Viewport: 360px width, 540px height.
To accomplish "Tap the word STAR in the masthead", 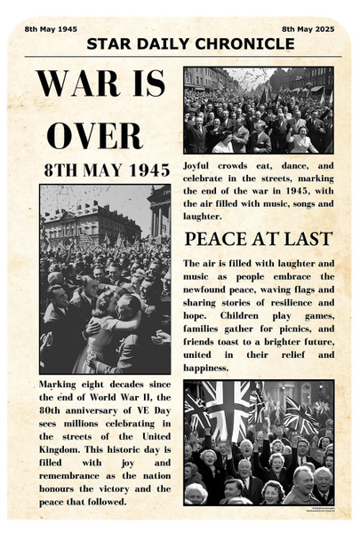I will tap(107, 44).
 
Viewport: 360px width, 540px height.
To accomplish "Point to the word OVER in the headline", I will tap(94, 135).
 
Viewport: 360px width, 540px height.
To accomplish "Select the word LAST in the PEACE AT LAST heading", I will tap(308, 239).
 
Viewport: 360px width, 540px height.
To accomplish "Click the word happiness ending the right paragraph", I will tap(206, 367).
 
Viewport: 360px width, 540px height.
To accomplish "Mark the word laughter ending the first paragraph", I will tap(202, 216).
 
